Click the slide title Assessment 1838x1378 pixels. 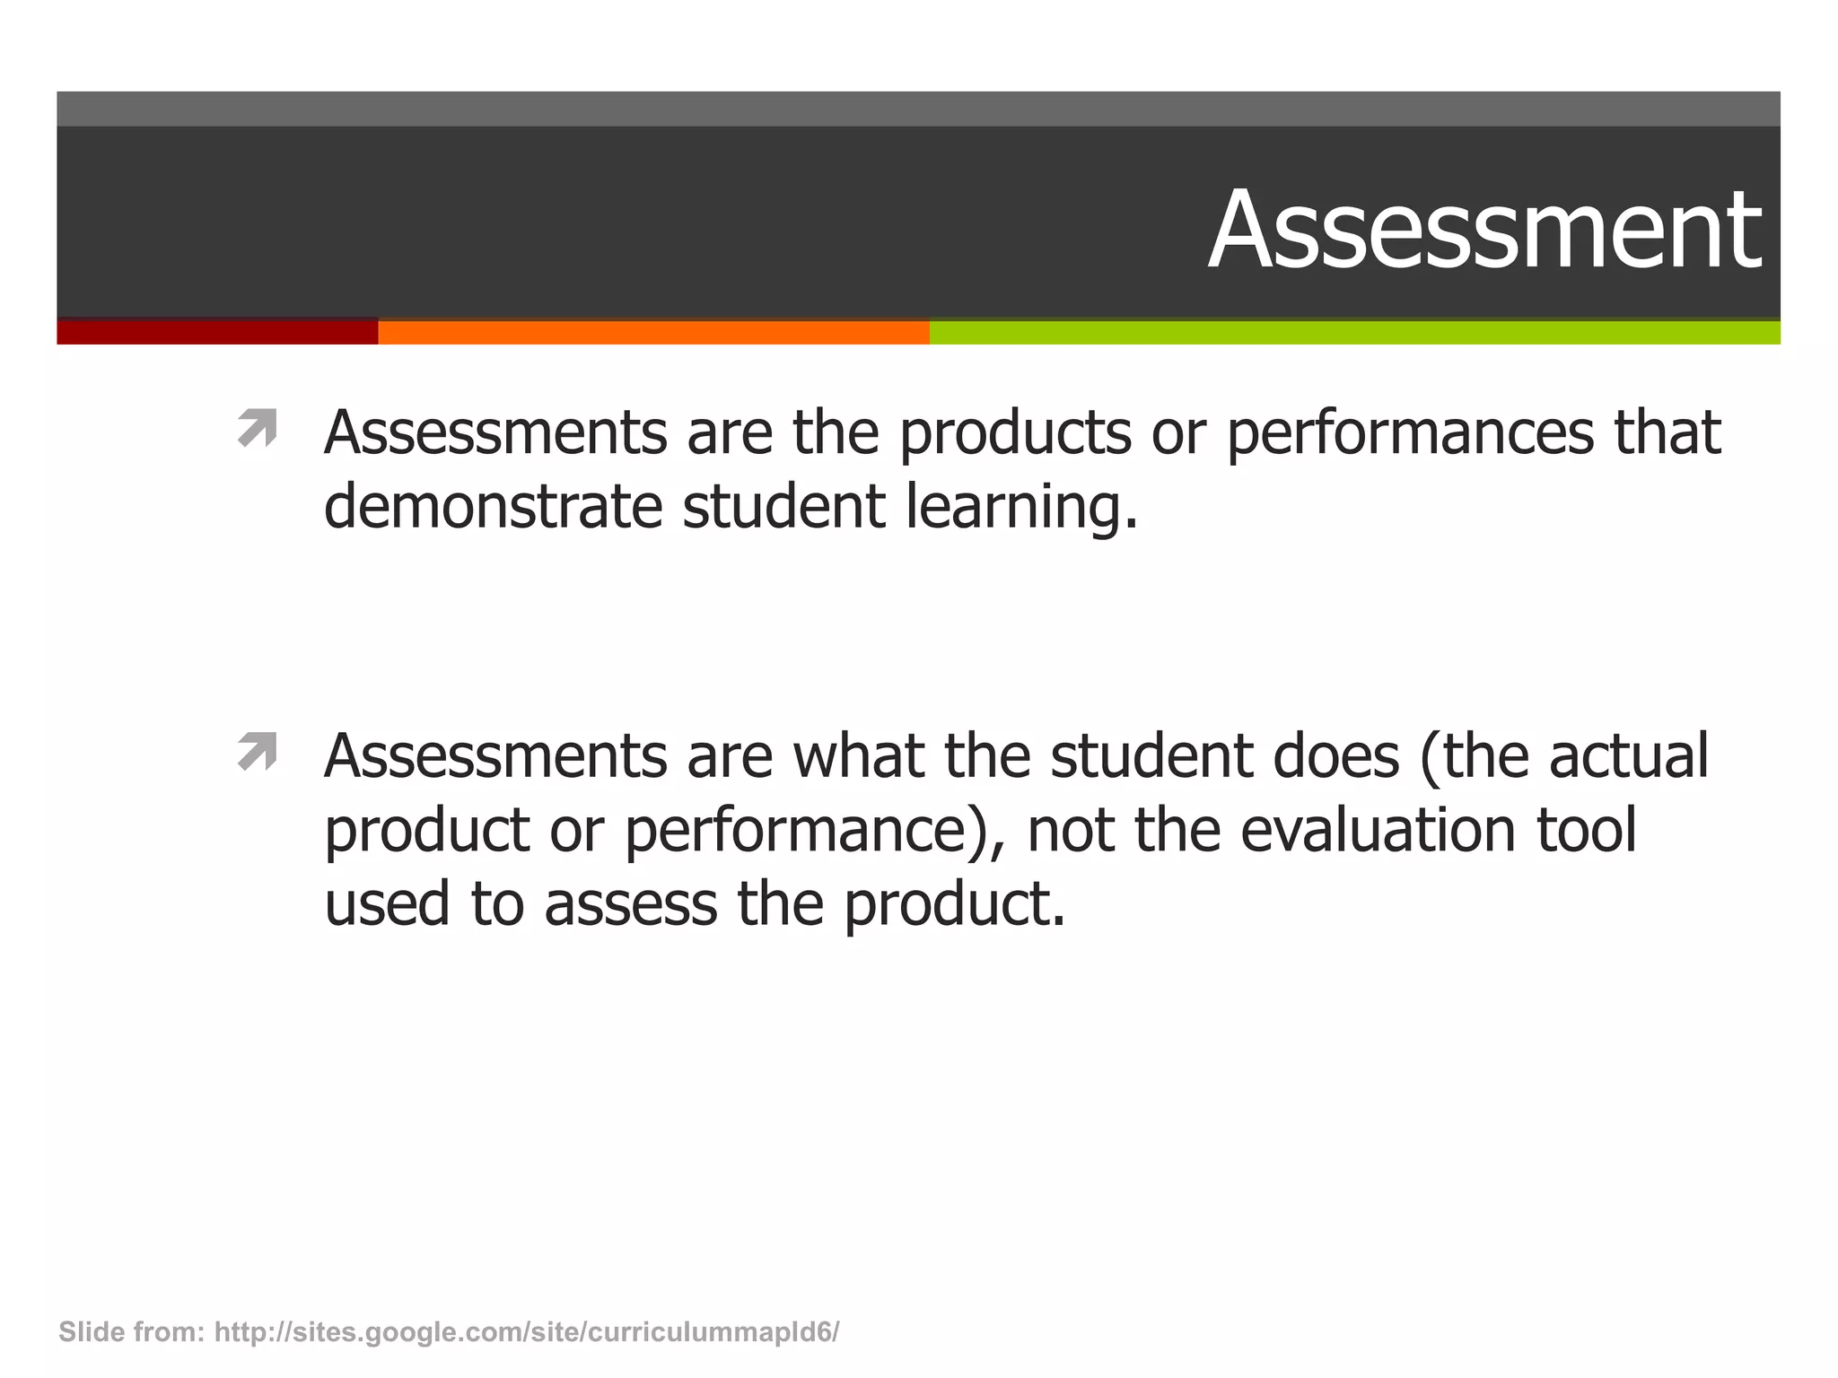(1484, 230)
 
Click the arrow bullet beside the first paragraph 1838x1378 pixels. (257, 428)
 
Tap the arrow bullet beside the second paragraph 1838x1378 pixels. (257, 752)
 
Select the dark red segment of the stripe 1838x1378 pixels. (217, 332)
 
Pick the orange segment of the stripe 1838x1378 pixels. (653, 332)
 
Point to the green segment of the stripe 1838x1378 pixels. (1354, 332)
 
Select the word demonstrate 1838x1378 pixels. (493, 507)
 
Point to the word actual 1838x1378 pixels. (1628, 756)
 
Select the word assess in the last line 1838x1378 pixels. (630, 904)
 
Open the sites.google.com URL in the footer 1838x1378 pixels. (527, 1332)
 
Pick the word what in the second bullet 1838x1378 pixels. (858, 756)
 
